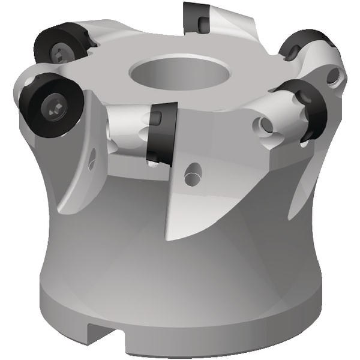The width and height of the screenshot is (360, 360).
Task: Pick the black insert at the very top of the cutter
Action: pos(198,16)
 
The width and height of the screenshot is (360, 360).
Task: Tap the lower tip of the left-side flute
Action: pos(62,210)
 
